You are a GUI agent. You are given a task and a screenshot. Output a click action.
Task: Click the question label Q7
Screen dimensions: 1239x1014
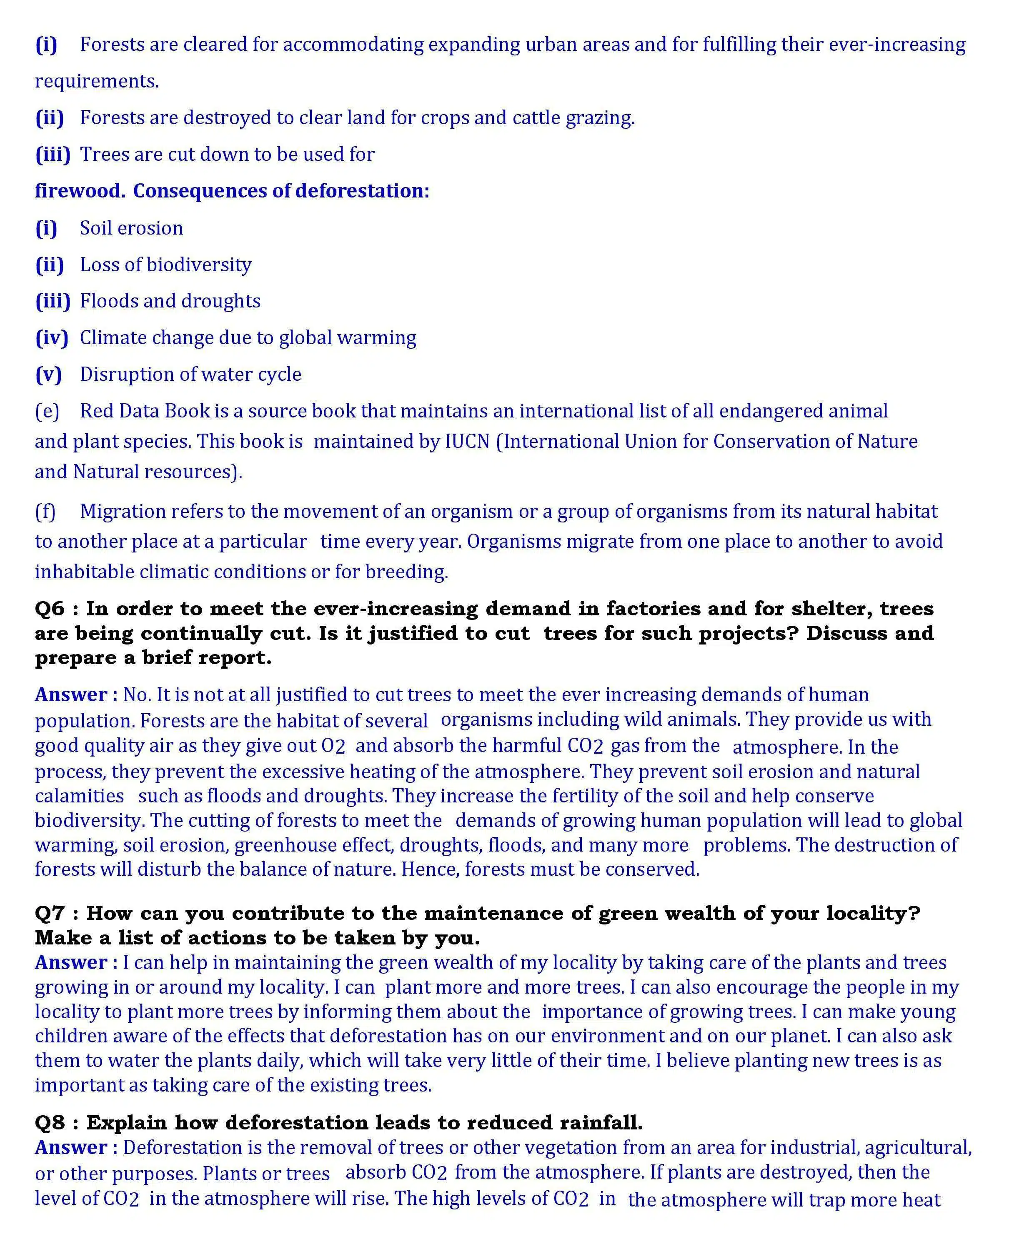(50, 913)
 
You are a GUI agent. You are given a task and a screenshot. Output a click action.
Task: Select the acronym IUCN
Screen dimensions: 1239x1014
(467, 442)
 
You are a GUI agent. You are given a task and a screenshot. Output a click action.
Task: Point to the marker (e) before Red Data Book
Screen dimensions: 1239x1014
(47, 411)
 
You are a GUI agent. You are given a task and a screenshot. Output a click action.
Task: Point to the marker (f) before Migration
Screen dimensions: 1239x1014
(45, 512)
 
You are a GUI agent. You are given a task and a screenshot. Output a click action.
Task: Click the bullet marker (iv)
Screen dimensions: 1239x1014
(51, 338)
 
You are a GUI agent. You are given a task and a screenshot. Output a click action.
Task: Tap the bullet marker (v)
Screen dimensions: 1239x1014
(48, 374)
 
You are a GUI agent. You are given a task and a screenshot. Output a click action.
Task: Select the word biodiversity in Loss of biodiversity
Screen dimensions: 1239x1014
(199, 265)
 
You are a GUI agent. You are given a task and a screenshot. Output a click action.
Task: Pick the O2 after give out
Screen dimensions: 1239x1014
(333, 746)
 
